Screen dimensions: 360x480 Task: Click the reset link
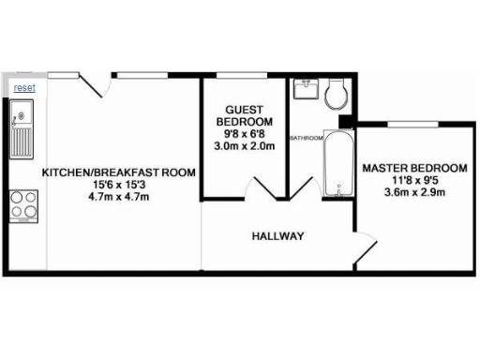pyautogui.click(x=24, y=87)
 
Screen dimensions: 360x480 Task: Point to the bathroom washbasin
pyautogui.click(x=306, y=90)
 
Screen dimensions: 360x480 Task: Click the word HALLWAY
pyautogui.click(x=277, y=236)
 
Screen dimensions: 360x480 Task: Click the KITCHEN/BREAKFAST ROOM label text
pyautogui.click(x=119, y=172)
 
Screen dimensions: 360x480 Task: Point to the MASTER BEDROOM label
pyautogui.click(x=413, y=169)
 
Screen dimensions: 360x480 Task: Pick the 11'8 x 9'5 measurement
pyautogui.click(x=413, y=181)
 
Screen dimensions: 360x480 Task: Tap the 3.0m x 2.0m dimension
pyautogui.click(x=245, y=146)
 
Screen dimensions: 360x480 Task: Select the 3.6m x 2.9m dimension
pyautogui.click(x=413, y=193)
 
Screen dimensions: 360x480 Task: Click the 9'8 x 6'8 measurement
pyautogui.click(x=245, y=134)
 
